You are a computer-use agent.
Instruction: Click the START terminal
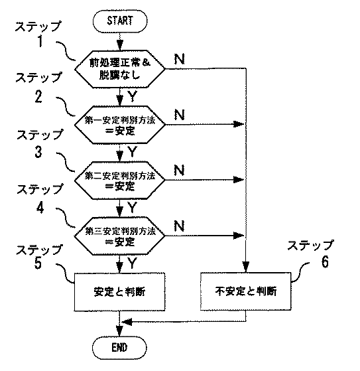119,21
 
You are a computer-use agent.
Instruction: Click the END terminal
119,347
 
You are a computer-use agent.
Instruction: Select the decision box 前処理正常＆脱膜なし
120,68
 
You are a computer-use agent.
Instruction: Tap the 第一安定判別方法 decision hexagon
120,125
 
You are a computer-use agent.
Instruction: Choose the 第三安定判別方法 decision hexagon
120,236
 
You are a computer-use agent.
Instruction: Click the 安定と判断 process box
120,291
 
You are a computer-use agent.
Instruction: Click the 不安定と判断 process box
247,291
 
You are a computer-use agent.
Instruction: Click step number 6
324,261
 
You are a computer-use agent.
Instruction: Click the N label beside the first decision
179,58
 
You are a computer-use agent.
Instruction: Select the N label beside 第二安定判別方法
179,171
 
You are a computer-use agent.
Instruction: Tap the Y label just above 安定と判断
132,263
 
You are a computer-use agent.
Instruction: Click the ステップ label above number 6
310,245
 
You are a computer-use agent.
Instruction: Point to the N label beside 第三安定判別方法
179,226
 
